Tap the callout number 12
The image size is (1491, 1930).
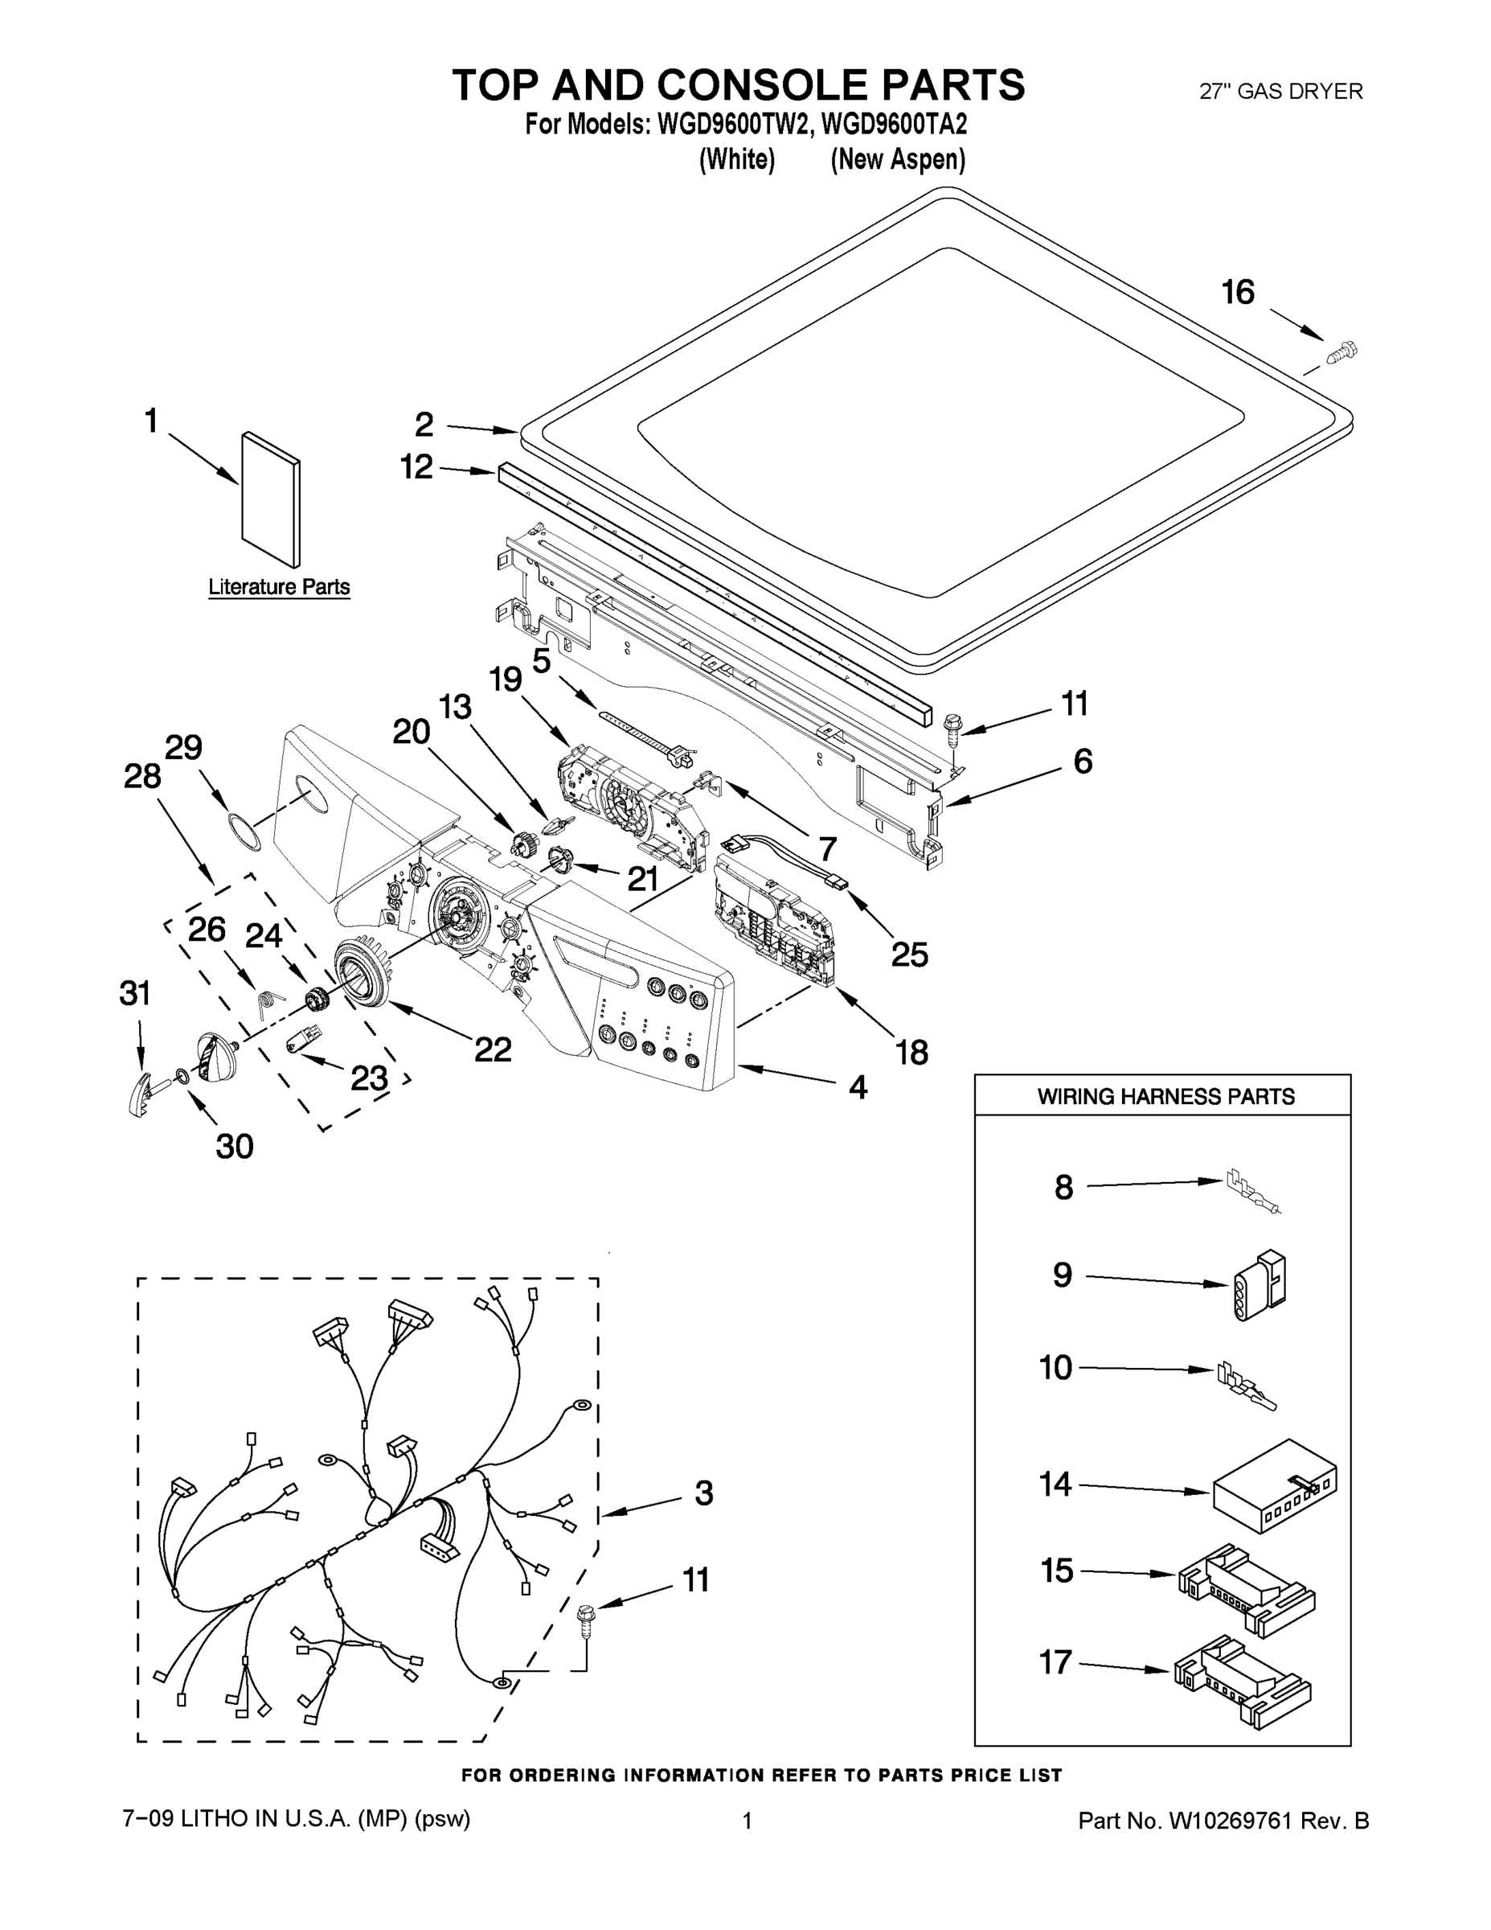pos(417,466)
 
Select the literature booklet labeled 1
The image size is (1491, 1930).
pos(270,500)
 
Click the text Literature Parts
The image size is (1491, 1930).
pos(279,587)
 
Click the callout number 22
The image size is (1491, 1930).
pos(493,1049)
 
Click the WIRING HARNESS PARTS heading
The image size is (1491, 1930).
pos(1165,1097)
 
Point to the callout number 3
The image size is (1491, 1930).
pos(703,1493)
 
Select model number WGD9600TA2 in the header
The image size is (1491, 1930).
pos(894,125)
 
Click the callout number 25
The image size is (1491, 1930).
pos(909,954)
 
